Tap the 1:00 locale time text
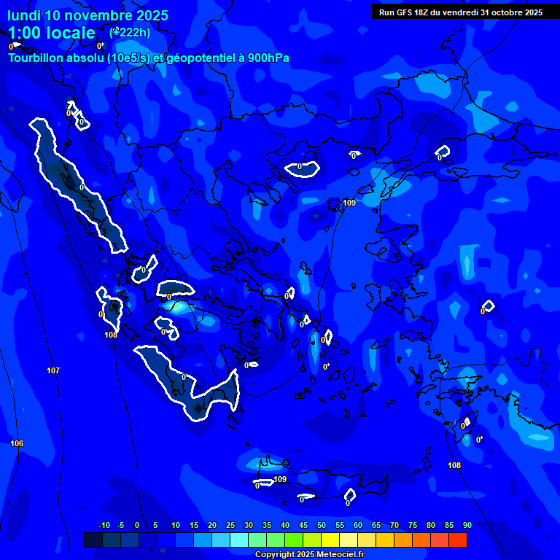pyautogui.click(x=52, y=33)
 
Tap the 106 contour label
pyautogui.click(x=17, y=443)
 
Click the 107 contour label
pyautogui.click(x=53, y=371)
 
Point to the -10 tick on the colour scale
pyautogui.click(x=104, y=525)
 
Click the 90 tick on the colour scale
pyautogui.click(x=467, y=525)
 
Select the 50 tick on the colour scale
pyautogui.click(x=322, y=525)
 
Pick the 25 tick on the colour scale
pyautogui.click(x=230, y=525)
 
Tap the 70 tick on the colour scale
pyautogui.click(x=394, y=525)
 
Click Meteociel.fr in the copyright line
pyautogui.click(x=338, y=555)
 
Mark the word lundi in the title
pyautogui.click(x=24, y=15)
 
